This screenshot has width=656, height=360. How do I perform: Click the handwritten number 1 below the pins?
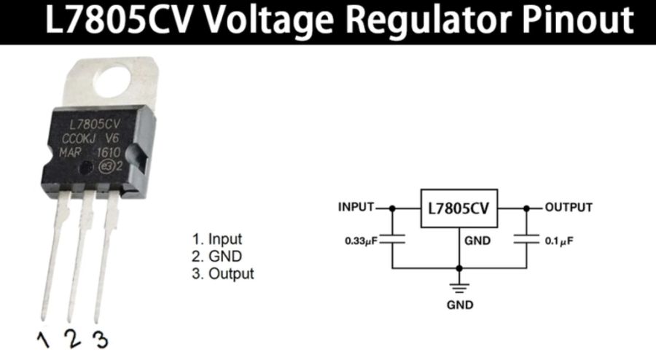44,337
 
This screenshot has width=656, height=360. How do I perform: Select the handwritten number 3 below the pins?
100,338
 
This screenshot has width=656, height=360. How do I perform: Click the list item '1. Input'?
216,239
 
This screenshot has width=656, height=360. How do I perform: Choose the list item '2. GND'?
216,257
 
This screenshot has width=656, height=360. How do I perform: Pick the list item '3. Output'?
223,274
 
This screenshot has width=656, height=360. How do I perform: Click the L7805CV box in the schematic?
458,208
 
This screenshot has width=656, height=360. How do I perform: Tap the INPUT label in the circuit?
356,207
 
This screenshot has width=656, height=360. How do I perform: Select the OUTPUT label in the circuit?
569,207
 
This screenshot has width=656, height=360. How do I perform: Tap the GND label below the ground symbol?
459,305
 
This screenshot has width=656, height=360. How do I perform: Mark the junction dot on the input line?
393,208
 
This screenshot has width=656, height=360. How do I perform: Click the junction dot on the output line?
525,208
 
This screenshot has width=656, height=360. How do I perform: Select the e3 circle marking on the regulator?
106,165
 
